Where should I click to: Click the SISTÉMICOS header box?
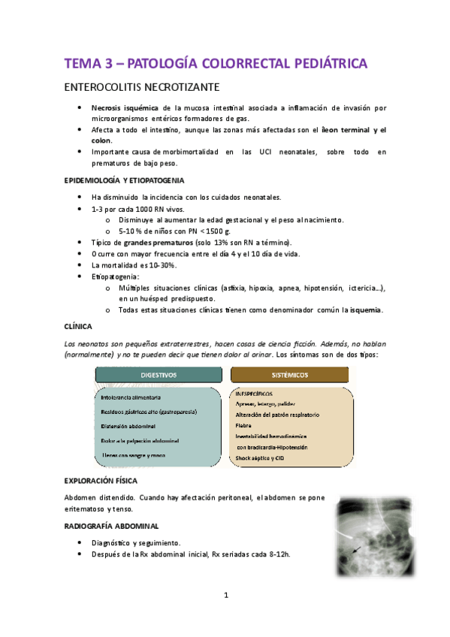tap(289, 373)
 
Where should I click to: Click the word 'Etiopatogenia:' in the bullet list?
tap(114, 276)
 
